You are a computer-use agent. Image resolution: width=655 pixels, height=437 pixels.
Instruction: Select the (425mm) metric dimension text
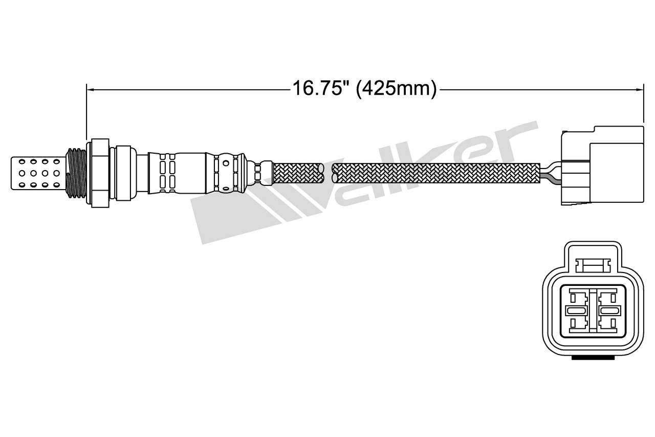tap(396, 89)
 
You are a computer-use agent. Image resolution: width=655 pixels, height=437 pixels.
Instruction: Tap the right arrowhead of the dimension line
tap(640, 90)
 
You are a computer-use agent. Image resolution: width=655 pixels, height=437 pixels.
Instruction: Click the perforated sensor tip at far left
tap(38, 173)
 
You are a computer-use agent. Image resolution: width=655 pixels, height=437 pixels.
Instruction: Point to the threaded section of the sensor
tap(77, 173)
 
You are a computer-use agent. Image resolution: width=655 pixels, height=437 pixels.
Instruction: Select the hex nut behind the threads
tap(98, 173)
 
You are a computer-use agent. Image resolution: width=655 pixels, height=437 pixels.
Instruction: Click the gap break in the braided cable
tap(328, 173)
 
